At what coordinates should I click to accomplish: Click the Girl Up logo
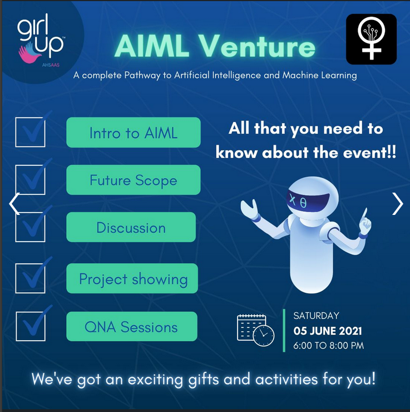pos(41,40)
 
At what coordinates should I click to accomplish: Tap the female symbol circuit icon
pos(371,39)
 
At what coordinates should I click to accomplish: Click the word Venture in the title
pos(256,46)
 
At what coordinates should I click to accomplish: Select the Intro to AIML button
pos(134,133)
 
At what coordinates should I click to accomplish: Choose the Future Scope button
pos(134,180)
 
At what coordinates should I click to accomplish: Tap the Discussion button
pos(131,227)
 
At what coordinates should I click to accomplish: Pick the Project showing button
pos(132,278)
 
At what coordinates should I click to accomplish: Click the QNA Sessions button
pos(132,327)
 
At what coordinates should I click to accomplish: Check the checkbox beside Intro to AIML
pos(30,132)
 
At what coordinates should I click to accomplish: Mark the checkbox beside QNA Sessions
pos(31,326)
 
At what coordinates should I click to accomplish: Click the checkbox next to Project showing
pos(30,278)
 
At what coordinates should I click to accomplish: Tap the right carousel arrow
pos(397,204)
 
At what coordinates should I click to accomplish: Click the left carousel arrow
pos(14,204)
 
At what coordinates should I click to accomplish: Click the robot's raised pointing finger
pos(364,214)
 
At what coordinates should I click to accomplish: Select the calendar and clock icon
pos(256,330)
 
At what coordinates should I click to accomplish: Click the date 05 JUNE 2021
pos(328,331)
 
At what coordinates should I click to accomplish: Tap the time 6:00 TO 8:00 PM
pos(329,346)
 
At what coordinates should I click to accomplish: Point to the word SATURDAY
pos(317,316)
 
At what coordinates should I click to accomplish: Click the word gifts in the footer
pos(204,380)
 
